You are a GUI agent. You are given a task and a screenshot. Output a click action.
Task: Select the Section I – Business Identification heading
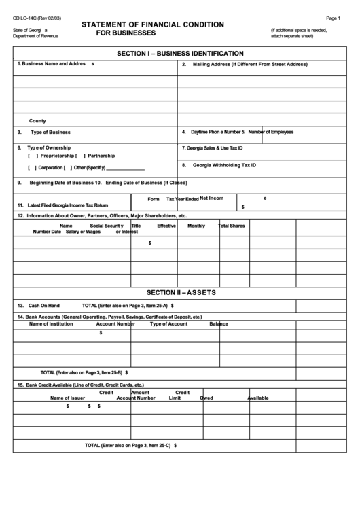[x=180, y=53]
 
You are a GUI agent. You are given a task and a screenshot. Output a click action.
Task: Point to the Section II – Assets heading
[x=180, y=293]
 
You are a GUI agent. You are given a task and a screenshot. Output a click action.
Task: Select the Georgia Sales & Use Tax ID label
[x=212, y=148]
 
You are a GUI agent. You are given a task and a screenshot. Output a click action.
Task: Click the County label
[x=37, y=120]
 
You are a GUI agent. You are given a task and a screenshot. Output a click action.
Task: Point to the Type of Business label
[x=50, y=133]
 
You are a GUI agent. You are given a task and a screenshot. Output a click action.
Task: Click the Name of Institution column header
[x=51, y=324]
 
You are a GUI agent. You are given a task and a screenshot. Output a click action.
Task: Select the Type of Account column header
[x=168, y=324]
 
